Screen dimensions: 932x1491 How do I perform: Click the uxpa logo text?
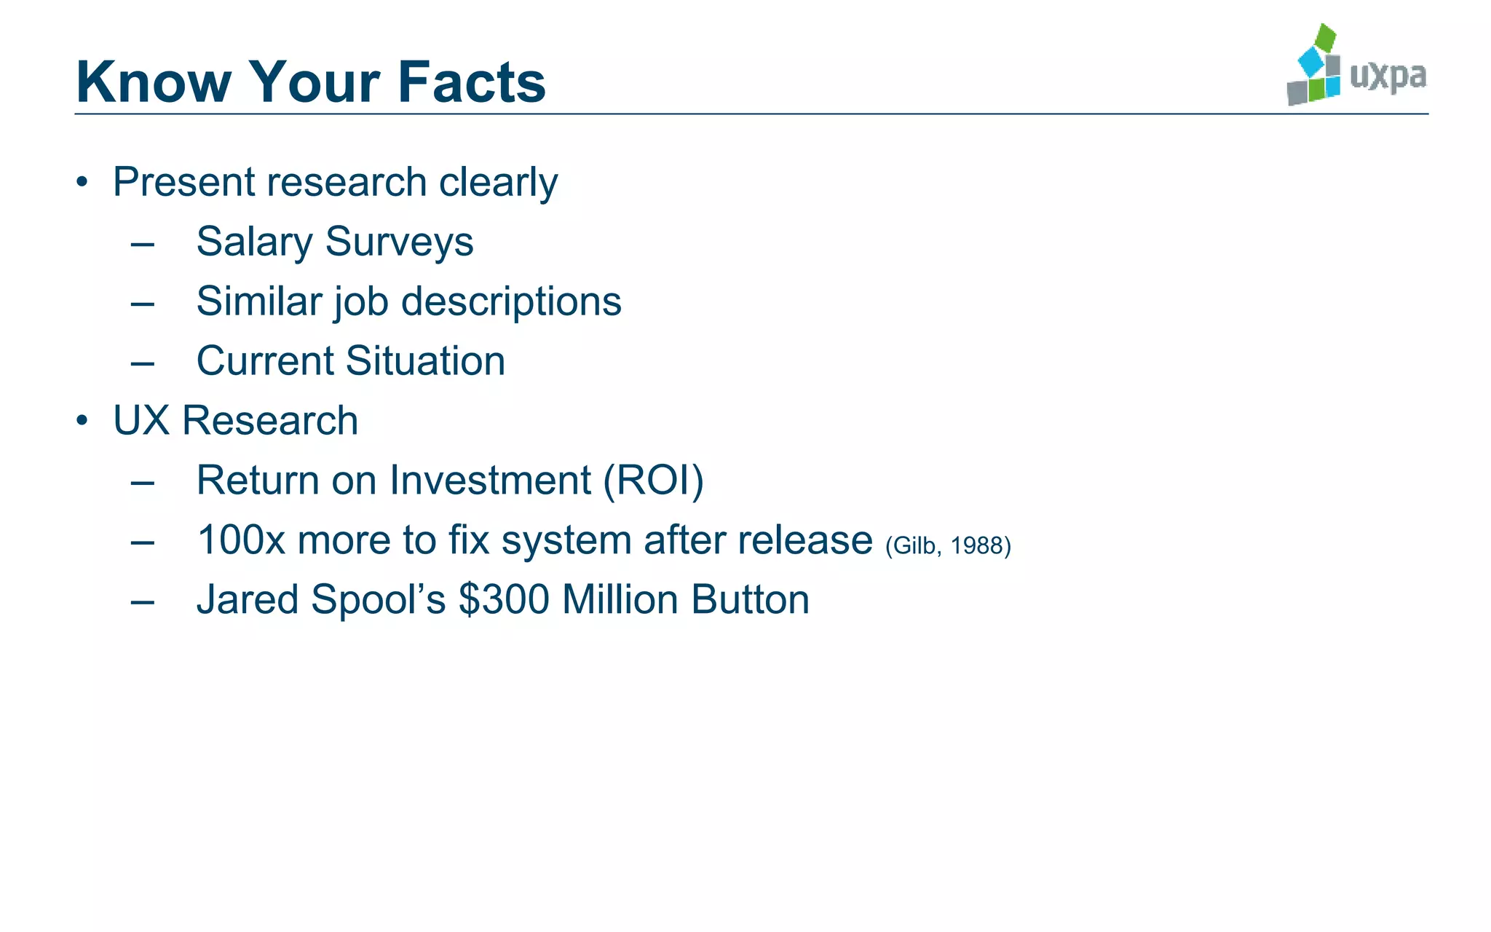pos(1388,76)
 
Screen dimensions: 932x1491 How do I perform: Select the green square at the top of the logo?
pos(1326,36)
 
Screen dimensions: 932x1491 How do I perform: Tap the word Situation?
pos(425,361)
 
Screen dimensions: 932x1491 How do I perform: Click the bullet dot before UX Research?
pos(82,421)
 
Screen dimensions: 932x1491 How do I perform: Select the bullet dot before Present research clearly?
pos(82,182)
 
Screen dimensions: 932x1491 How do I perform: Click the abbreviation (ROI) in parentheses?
pos(653,481)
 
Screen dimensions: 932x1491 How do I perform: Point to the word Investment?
pos(490,481)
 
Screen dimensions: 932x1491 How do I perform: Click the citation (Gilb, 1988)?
pos(948,545)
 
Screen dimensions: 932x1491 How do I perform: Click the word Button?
pos(750,600)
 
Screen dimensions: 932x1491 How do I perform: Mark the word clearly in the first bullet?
pos(498,182)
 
